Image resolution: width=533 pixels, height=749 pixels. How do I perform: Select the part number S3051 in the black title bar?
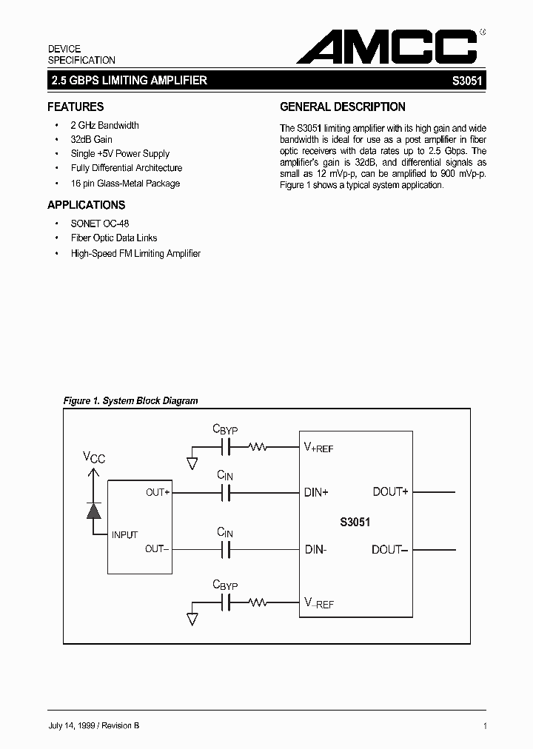[468, 81]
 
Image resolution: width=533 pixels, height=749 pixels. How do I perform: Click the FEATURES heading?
[76, 107]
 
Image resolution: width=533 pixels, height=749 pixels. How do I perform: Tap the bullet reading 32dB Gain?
[91, 139]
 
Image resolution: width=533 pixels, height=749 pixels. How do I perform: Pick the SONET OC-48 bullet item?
[100, 223]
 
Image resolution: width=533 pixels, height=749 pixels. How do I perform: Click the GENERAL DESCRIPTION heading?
[343, 107]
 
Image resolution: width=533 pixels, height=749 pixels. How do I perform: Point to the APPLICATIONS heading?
[87, 205]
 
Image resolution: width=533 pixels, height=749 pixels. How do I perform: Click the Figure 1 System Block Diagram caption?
[131, 400]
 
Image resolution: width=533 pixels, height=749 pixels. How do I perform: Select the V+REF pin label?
[319, 447]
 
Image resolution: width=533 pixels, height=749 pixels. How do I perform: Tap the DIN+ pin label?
[316, 492]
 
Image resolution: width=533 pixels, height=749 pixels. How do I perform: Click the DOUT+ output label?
[390, 492]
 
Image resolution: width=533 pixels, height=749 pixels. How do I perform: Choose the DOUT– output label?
[390, 549]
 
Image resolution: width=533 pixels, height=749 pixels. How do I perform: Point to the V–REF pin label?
[319, 603]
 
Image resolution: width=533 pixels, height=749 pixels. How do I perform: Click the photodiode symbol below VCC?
[93, 510]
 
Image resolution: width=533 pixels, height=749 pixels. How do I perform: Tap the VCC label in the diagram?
[93, 458]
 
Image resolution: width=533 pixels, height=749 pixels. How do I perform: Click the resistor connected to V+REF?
[258, 447]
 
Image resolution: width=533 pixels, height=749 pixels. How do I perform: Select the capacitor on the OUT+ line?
[227, 492]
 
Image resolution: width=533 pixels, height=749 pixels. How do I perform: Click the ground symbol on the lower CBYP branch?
[192, 618]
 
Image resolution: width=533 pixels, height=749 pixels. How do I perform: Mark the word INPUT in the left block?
[124, 534]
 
